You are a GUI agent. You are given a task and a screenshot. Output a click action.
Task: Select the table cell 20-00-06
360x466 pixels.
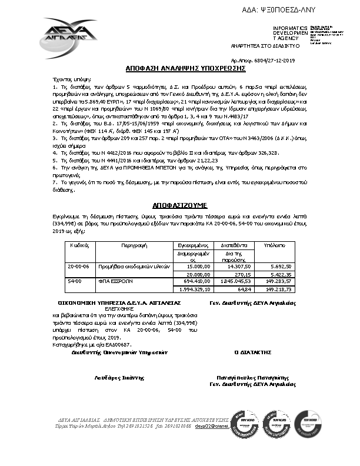point(78,266)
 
